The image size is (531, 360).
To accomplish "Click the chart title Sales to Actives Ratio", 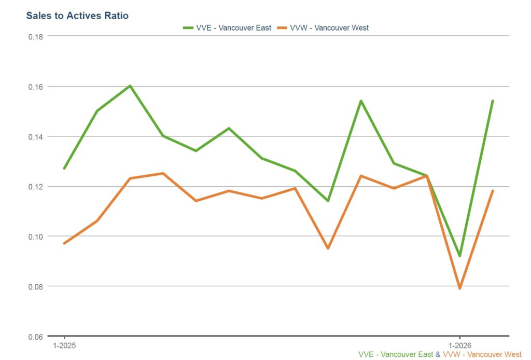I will (x=77, y=16).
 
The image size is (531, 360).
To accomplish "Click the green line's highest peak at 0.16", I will (x=130, y=86).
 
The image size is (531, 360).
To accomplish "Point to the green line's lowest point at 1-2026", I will (x=459, y=256).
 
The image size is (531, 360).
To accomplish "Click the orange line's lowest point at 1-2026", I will (x=459, y=288).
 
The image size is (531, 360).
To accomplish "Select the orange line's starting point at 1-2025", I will (x=64, y=243).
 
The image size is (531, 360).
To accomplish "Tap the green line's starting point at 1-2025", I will (x=64, y=168).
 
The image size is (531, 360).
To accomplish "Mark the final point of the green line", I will (x=492, y=101).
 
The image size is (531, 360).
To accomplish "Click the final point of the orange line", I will (x=492, y=191).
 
